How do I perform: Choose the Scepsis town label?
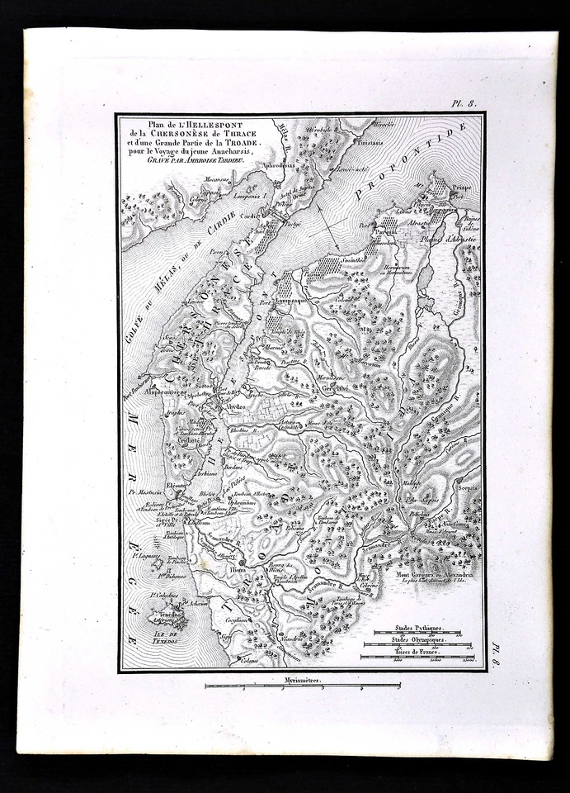click(x=464, y=489)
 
